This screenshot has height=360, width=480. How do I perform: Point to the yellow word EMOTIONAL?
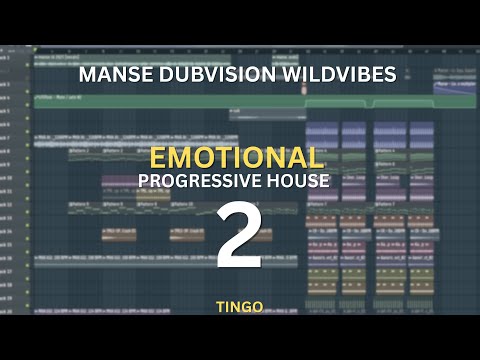tap(237, 157)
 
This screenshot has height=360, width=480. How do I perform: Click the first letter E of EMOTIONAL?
tap(158, 157)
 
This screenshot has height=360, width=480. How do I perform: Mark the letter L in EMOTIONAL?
tap(316, 157)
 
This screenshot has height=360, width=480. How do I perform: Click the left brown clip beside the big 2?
tap(119, 234)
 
